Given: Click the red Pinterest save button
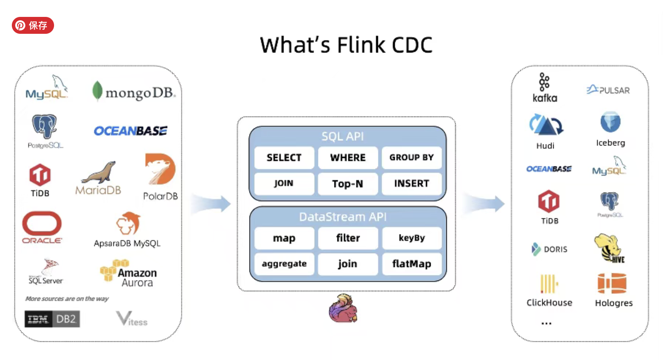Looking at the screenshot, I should pyautogui.click(x=33, y=25).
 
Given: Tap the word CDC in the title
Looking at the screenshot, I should pyautogui.click(x=412, y=45).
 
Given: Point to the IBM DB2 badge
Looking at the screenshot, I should pyautogui.click(x=52, y=319).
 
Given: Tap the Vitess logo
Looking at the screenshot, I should pyautogui.click(x=131, y=319).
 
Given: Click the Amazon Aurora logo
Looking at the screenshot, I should pyautogui.click(x=128, y=274).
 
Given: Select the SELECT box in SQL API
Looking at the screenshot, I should pyautogui.click(x=284, y=158).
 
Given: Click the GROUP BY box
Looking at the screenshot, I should pyautogui.click(x=411, y=158).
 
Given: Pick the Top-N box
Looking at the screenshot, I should pyautogui.click(x=348, y=184).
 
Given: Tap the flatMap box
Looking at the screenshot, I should pyautogui.click(x=412, y=264).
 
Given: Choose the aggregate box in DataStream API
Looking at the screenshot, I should pyautogui.click(x=284, y=264).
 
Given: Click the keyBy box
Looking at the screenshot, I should pyautogui.click(x=412, y=238).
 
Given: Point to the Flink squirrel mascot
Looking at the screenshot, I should pyautogui.click(x=343, y=308).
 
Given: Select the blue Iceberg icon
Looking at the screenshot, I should pyautogui.click(x=610, y=122).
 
